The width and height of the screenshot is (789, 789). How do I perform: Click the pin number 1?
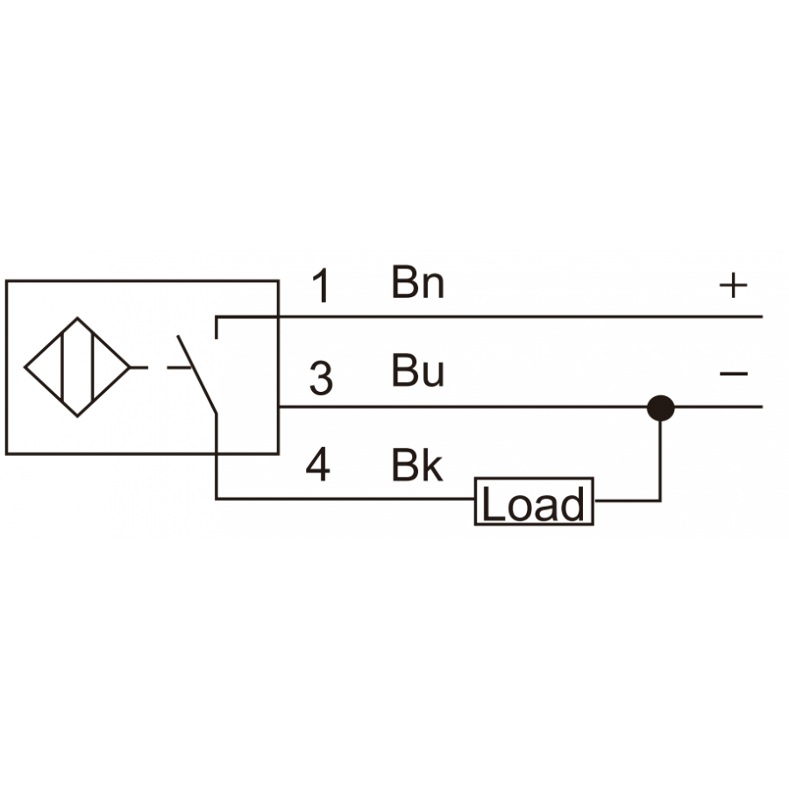[x=322, y=285]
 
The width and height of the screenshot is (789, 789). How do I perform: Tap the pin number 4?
[x=318, y=465]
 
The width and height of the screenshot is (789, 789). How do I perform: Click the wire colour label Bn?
[x=417, y=282]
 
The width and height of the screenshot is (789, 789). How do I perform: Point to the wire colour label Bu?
[x=417, y=371]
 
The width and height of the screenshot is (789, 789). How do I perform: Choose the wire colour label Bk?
[x=417, y=465]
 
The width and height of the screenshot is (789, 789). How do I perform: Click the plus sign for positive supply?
[x=733, y=285]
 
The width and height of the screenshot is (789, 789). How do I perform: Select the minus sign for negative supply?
[x=734, y=373]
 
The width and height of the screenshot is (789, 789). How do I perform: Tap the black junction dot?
[x=660, y=408]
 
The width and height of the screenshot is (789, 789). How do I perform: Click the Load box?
[x=534, y=501]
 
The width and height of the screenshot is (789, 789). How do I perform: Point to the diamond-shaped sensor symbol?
[x=77, y=367]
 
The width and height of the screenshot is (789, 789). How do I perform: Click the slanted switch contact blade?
[x=196, y=374]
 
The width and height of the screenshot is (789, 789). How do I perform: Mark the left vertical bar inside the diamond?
[x=62, y=367]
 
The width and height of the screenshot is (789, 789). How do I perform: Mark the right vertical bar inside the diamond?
[x=93, y=367]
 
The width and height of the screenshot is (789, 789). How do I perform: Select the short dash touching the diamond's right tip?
[x=139, y=368]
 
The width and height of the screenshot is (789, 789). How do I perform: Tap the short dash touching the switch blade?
[x=179, y=368]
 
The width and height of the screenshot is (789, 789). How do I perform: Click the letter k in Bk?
[x=431, y=465]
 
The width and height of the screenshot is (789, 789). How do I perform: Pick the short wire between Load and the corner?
[x=628, y=501]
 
